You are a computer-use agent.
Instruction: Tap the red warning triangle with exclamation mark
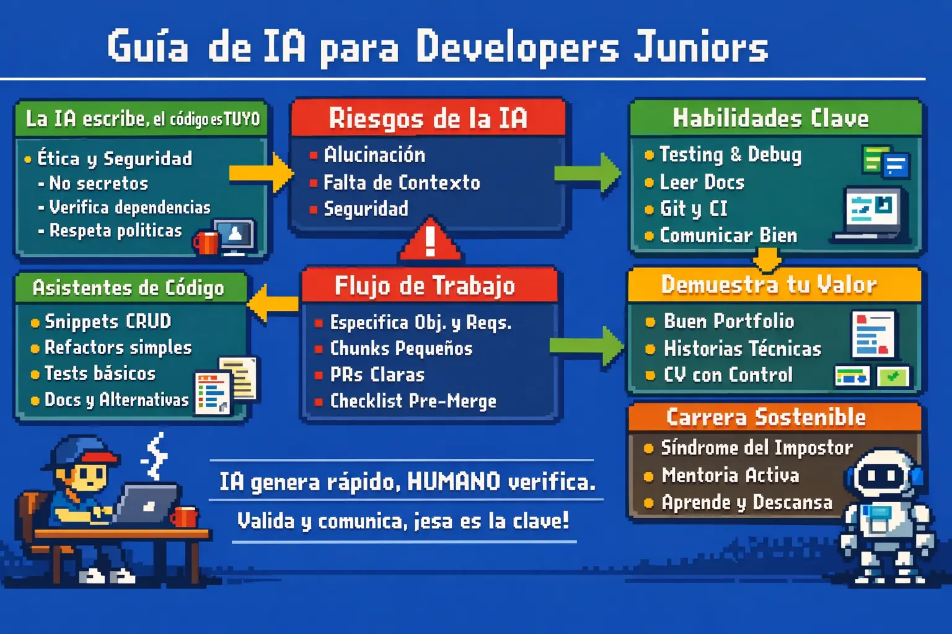430,241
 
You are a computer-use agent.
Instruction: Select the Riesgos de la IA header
428,118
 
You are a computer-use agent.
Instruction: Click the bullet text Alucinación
374,155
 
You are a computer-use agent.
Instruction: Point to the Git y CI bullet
693,209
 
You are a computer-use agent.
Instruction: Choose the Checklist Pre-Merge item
413,401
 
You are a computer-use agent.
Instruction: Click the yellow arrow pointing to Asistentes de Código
273,303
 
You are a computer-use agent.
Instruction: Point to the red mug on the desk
184,516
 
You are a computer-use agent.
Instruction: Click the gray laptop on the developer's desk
147,503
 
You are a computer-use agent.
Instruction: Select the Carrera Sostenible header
766,417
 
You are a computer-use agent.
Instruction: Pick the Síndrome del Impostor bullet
756,448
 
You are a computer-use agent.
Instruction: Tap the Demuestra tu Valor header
769,285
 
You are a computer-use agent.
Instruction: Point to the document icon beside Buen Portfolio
873,335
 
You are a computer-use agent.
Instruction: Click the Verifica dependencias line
130,207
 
